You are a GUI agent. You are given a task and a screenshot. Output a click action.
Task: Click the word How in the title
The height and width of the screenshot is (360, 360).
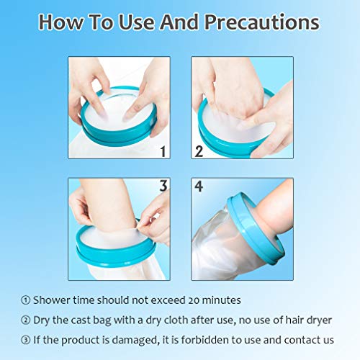(x=61, y=22)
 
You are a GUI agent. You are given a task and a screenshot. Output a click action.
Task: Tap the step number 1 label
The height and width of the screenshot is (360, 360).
(x=163, y=152)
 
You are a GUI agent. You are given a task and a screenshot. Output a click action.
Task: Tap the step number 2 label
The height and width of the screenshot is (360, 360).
(x=199, y=152)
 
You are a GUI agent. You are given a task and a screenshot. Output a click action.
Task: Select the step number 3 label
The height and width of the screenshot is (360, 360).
(x=163, y=186)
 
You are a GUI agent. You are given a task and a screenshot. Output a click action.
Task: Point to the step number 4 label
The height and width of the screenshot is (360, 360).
(x=199, y=186)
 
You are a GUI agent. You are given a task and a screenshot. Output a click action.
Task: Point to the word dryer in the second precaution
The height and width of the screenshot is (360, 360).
(x=316, y=320)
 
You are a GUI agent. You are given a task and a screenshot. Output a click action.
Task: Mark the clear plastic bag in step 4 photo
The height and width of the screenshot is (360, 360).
(x=216, y=248)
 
